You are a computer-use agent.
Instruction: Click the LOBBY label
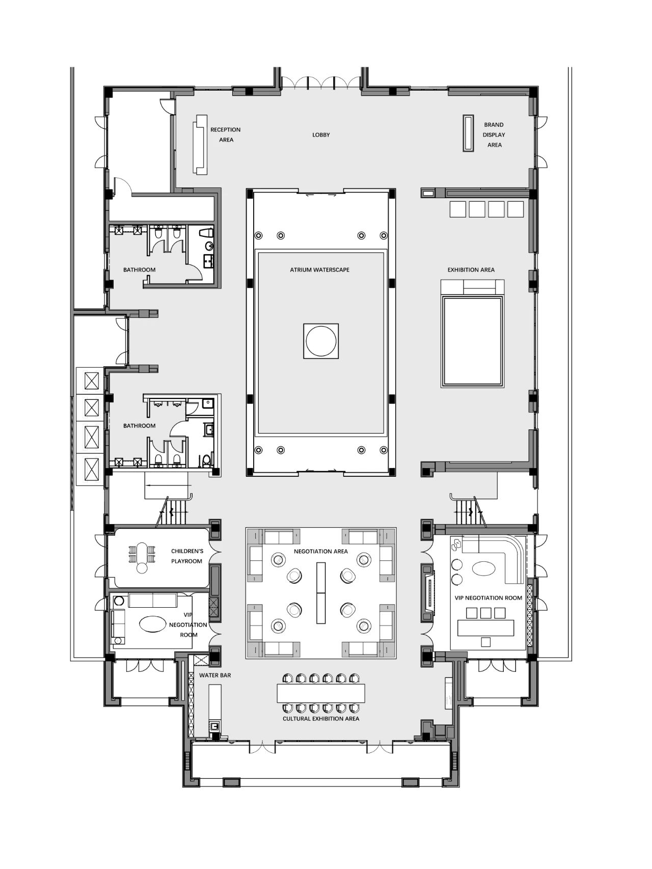(321, 135)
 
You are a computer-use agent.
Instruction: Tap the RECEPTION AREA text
(226, 134)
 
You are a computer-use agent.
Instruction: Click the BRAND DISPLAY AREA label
(494, 135)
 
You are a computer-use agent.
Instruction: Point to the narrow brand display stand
(468, 133)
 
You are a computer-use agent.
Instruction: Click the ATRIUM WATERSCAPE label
(320, 269)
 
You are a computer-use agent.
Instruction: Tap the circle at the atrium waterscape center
(321, 341)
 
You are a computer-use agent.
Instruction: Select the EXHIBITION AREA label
(471, 269)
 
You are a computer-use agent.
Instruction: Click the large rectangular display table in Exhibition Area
(473, 341)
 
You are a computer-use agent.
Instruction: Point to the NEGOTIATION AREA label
(321, 551)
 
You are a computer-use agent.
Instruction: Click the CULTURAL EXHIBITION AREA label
(321, 719)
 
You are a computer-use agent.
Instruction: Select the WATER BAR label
(215, 675)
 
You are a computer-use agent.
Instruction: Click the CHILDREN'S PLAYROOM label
(187, 556)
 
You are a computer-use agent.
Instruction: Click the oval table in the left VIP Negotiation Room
(152, 624)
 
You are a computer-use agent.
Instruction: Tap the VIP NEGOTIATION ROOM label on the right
(488, 598)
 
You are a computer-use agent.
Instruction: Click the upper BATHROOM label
(139, 269)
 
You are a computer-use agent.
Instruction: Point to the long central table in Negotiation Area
(321, 593)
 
